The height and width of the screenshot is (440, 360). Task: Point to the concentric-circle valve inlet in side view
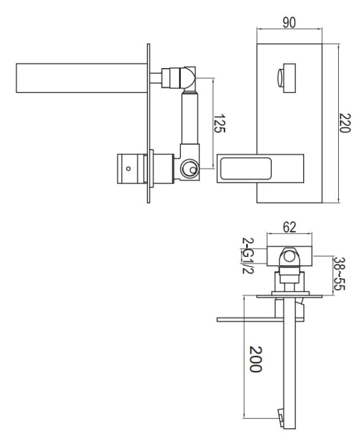tap(190, 170)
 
